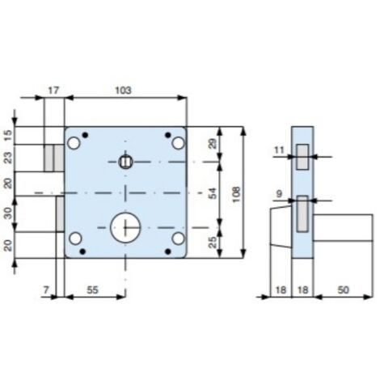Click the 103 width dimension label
(x=123, y=91)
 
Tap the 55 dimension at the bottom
(x=92, y=290)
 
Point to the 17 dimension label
(x=53, y=91)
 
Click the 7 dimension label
(x=46, y=290)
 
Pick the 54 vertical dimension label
(x=213, y=193)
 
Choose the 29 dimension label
(x=213, y=144)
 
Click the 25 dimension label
(x=213, y=242)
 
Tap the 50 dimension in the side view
(x=343, y=290)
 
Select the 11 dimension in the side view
(x=279, y=150)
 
